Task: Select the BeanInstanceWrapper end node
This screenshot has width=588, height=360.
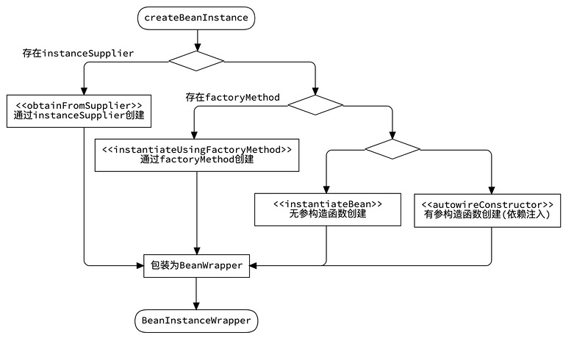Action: (x=196, y=321)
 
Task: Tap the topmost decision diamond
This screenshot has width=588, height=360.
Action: (x=196, y=61)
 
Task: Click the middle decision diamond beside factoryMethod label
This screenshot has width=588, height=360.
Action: (x=315, y=105)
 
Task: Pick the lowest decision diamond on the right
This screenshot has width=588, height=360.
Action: (x=392, y=149)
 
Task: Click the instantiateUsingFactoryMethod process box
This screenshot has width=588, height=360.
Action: (x=196, y=154)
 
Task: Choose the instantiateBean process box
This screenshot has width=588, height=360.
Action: (x=327, y=209)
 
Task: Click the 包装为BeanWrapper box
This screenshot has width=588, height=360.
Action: (x=196, y=265)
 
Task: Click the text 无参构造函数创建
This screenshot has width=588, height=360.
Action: (x=327, y=215)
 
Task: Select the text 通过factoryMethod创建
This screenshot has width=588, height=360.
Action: (x=196, y=160)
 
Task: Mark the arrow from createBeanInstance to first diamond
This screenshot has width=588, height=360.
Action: (x=196, y=40)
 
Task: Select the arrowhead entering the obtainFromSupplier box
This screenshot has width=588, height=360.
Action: (x=84, y=90)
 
